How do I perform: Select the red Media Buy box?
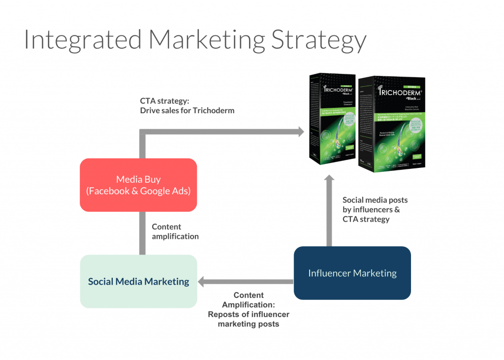click(138, 185)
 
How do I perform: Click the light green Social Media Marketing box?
click(138, 281)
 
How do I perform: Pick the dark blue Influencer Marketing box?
click(352, 273)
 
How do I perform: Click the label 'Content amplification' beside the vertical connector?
click(175, 231)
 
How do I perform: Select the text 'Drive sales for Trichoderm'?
click(187, 110)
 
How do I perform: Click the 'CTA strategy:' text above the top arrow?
click(161, 101)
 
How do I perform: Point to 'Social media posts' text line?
click(375, 200)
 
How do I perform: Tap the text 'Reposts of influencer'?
click(249, 314)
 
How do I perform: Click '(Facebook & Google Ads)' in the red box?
click(138, 191)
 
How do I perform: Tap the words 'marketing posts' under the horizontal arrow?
click(249, 324)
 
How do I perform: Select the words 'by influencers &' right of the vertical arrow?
click(371, 209)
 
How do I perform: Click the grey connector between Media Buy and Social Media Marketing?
click(142, 233)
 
